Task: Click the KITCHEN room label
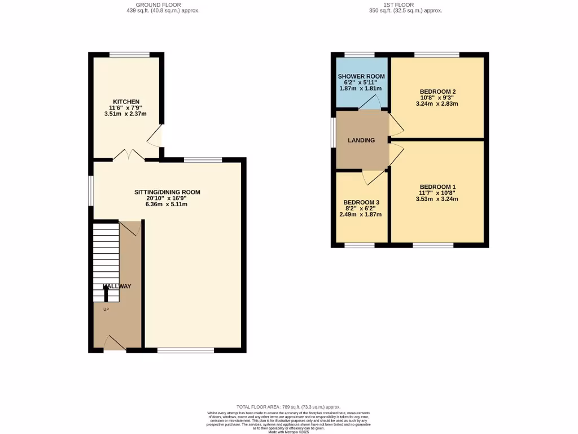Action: (x=125, y=102)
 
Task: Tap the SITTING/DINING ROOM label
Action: (x=167, y=192)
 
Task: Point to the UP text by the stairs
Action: (x=106, y=310)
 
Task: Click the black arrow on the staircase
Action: (x=106, y=293)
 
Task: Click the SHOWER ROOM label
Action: (x=361, y=76)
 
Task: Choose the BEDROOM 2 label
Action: (x=437, y=92)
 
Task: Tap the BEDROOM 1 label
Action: (x=437, y=187)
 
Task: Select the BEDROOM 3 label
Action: (x=361, y=202)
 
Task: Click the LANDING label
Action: (x=361, y=140)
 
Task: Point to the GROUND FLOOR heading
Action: (x=163, y=5)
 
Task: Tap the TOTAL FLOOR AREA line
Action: (x=288, y=407)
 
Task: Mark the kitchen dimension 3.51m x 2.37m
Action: (x=125, y=114)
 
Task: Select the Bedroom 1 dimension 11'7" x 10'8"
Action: (x=437, y=193)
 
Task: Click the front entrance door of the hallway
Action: (x=115, y=344)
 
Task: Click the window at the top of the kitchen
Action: (x=129, y=55)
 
